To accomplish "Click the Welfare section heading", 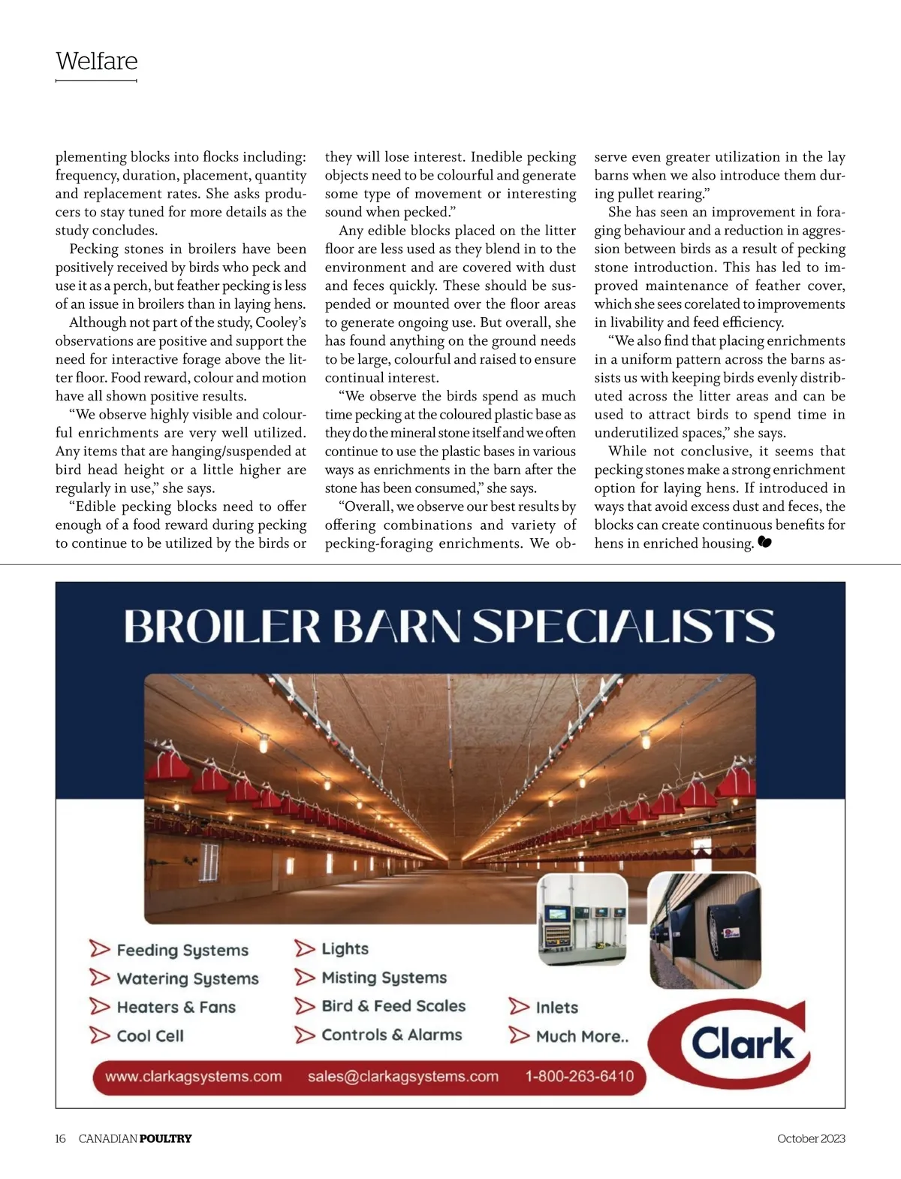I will coord(96,61).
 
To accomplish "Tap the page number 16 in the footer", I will coord(60,1138).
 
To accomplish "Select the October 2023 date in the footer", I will coord(811,1138).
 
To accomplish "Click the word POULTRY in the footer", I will coord(165,1138).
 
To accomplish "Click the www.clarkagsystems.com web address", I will coord(194,1076).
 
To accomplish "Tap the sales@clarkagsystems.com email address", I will coord(402,1076).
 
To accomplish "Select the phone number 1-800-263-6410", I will coord(579,1076).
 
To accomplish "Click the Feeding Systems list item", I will coord(182,950).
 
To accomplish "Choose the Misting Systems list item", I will coord(384,978).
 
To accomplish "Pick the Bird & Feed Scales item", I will coord(393,1006).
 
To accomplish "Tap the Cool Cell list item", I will coord(150,1035).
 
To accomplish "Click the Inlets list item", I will coord(556,1007).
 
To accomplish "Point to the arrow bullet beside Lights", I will coord(304,948).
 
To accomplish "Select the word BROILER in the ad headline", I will coord(222,626).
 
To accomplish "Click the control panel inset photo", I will coord(583,918).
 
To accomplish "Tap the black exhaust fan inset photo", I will coord(704,930).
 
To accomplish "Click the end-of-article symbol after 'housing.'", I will coord(764,543).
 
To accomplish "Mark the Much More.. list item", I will coord(582,1036).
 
